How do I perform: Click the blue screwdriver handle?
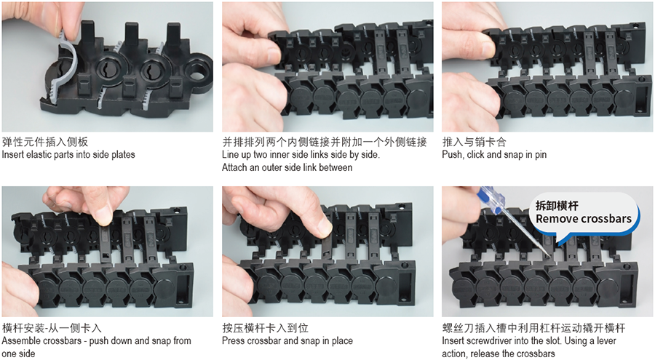490,199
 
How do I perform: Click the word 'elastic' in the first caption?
40,154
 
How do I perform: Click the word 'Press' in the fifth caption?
233,341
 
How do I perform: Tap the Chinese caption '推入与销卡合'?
474,142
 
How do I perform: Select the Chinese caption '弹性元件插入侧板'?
44,142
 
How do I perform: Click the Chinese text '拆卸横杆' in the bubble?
557,206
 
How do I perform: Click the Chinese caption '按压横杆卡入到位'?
265,328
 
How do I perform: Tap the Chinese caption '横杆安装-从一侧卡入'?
52,328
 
